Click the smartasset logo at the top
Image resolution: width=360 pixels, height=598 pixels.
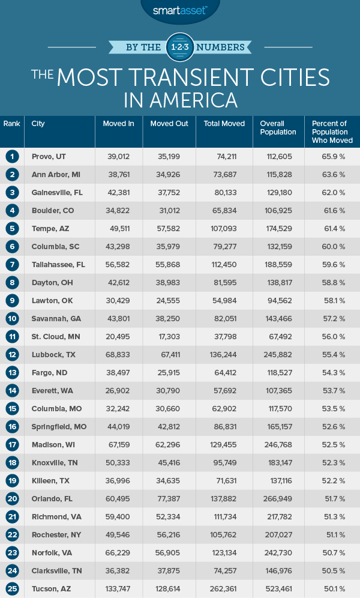(x=180, y=10)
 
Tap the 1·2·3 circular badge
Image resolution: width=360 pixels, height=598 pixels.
(x=179, y=47)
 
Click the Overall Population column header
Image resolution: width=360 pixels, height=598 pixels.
(x=278, y=128)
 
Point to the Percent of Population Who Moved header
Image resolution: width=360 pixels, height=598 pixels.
(x=332, y=132)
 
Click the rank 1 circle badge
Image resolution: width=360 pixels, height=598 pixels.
(x=11, y=157)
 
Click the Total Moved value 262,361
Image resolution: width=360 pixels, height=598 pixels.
(x=232, y=589)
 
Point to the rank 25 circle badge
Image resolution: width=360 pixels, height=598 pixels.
(x=11, y=589)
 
